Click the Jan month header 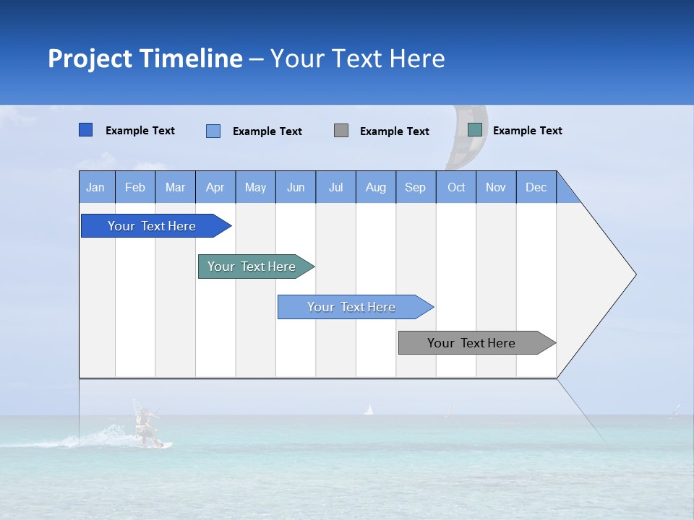pos(95,187)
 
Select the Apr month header pos(215,187)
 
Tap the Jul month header pos(335,187)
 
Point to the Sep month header pos(415,187)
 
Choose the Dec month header pos(536,187)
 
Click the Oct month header pos(456,187)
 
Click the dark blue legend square pos(85,130)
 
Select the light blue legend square pos(213,131)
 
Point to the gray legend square pos(341,130)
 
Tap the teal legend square pos(475,130)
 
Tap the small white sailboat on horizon pos(369,409)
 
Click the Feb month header pos(135,187)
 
